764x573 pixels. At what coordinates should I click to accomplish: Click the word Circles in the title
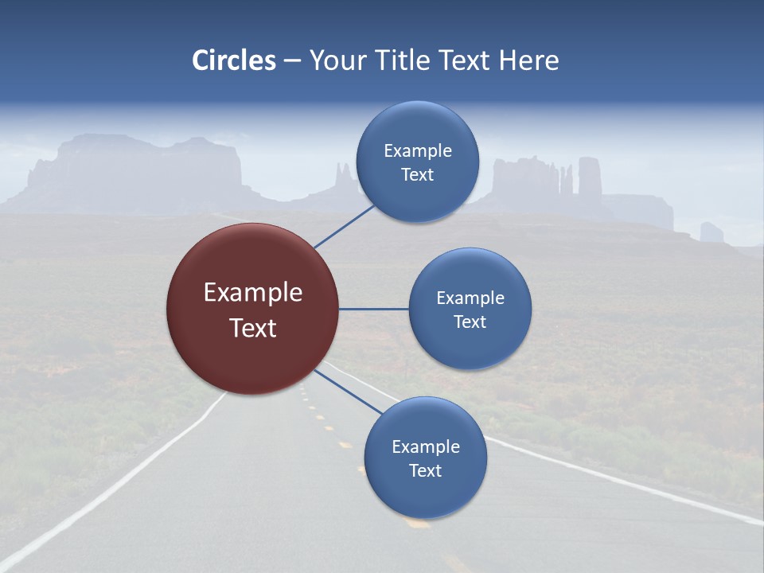click(233, 60)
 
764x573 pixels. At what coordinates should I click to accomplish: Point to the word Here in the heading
click(528, 60)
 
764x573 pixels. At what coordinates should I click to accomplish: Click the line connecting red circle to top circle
click(344, 226)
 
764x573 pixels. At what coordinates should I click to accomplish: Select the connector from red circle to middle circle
click(374, 309)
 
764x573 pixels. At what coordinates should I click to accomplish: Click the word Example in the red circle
click(252, 293)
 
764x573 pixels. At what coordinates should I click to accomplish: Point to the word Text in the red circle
click(252, 328)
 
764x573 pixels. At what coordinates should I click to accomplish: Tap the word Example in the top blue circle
click(417, 150)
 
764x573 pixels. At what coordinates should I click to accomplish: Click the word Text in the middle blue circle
click(470, 322)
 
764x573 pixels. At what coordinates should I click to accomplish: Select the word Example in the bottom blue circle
click(425, 446)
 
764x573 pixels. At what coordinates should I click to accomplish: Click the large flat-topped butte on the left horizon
click(135, 171)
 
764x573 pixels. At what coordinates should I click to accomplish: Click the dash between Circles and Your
click(292, 61)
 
